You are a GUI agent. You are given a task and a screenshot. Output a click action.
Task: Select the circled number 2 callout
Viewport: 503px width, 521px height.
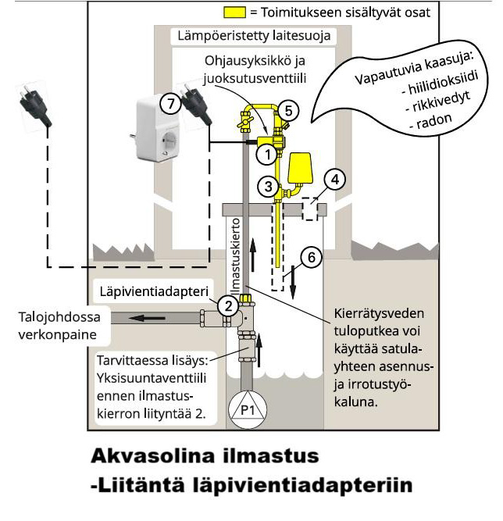(228, 306)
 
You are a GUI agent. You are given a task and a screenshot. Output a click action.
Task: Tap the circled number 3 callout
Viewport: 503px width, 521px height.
(268, 186)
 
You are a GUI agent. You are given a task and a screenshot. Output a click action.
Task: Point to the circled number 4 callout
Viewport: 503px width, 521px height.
(335, 180)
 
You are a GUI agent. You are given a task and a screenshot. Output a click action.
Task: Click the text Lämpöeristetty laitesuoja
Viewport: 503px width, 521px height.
(252, 36)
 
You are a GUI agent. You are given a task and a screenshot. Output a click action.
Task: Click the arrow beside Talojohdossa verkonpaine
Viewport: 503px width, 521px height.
(161, 319)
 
